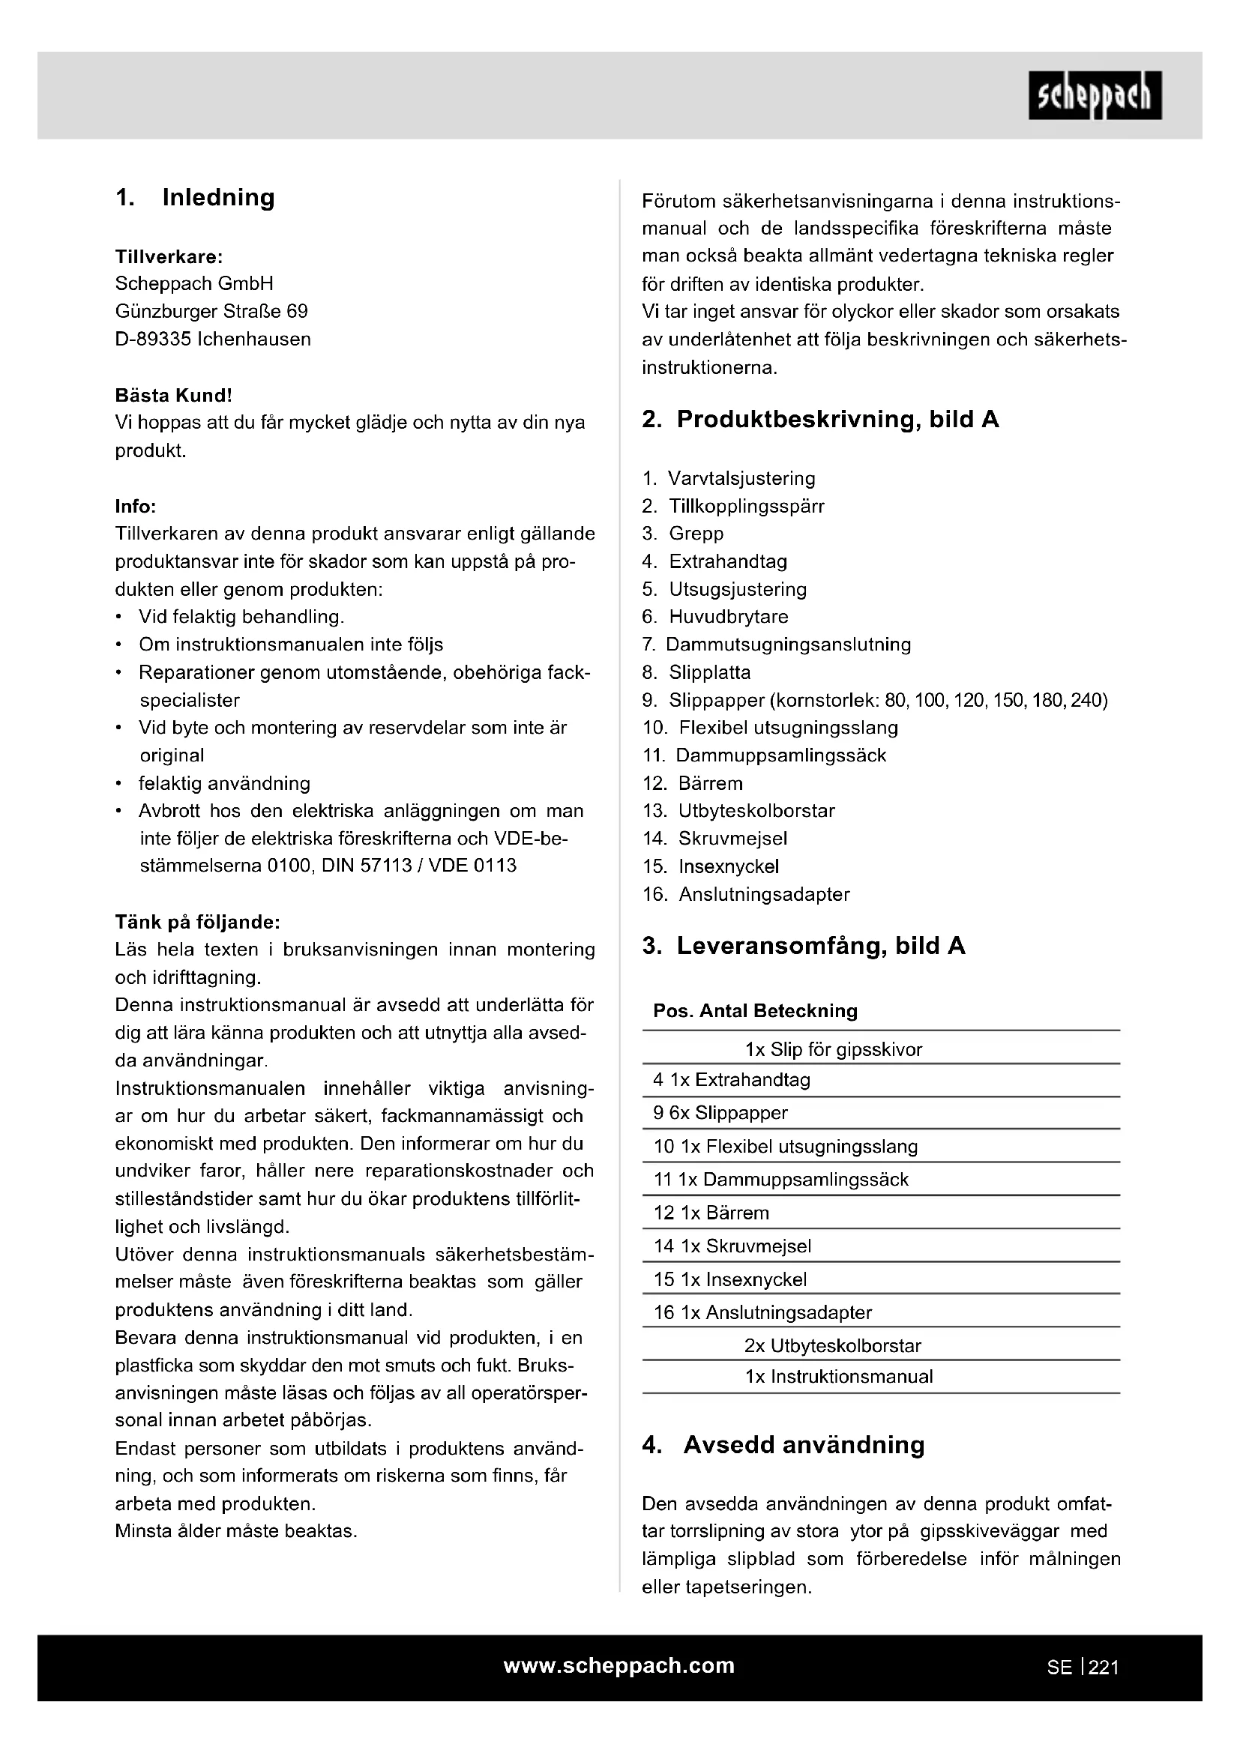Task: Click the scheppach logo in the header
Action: coord(1094,95)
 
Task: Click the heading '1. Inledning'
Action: coord(195,198)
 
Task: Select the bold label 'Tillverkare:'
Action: coord(169,256)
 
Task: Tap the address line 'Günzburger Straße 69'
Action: coord(211,312)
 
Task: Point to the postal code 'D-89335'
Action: coord(153,339)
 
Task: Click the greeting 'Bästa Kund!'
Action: coord(173,396)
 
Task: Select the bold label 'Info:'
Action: coord(135,506)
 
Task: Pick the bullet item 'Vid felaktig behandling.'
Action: coord(241,616)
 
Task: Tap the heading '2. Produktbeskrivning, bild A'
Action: coord(820,419)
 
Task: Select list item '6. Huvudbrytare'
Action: coord(715,616)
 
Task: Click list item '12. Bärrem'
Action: coord(693,782)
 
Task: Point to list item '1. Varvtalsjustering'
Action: coord(729,479)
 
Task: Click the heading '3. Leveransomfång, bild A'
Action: coord(803,946)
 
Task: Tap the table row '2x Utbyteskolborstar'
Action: coord(832,1345)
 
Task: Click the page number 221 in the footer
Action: coord(1104,1668)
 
